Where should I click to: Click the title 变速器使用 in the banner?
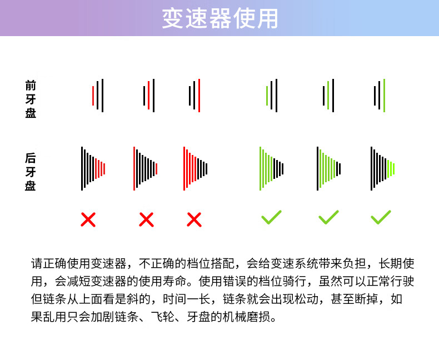(x=220, y=18)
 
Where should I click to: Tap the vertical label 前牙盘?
(x=31, y=99)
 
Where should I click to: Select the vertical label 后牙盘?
(x=31, y=172)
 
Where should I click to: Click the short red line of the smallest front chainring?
(x=93, y=96)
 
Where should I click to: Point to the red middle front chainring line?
(x=148, y=95)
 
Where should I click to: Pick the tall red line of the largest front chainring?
(x=199, y=96)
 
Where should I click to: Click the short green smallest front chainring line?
(x=267, y=96)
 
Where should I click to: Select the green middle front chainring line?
(x=328, y=95)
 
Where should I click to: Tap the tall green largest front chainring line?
(x=384, y=96)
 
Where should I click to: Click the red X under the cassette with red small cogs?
(x=88, y=219)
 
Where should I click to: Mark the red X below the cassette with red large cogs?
(x=194, y=219)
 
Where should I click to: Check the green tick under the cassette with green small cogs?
(x=381, y=217)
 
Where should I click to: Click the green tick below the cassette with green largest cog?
(x=271, y=217)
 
